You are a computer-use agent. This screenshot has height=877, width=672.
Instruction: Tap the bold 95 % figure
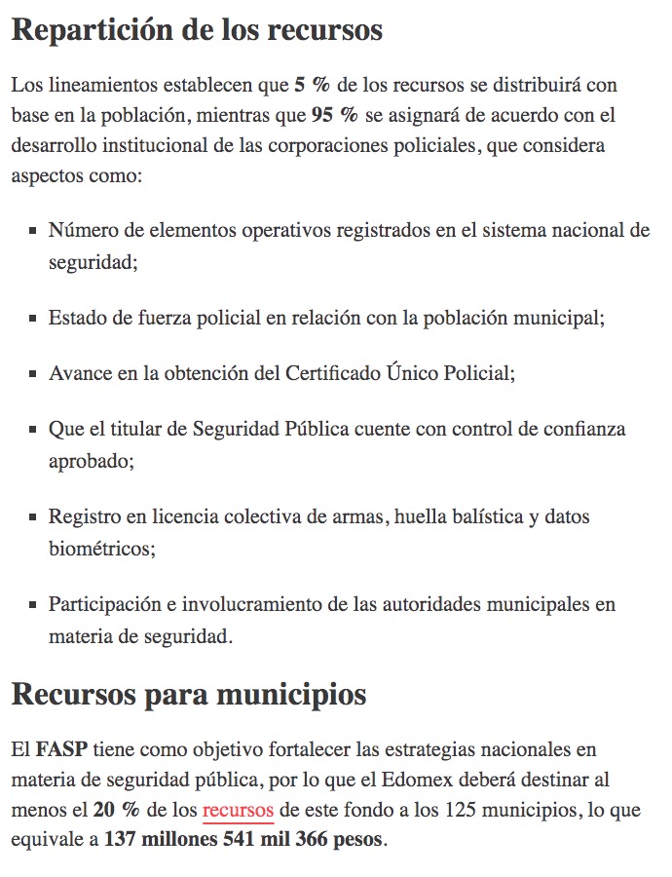coord(334,115)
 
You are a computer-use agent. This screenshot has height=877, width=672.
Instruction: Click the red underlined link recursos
coord(238,810)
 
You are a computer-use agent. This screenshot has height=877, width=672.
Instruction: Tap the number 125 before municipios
coord(458,810)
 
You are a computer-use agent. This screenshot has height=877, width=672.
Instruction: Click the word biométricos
coord(100,549)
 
